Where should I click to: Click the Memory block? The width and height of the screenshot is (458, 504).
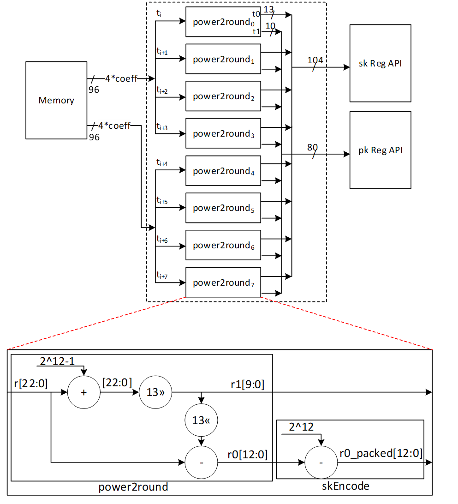click(56, 100)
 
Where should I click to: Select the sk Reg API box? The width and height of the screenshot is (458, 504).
click(380, 63)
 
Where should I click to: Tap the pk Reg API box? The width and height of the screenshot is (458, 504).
click(380, 150)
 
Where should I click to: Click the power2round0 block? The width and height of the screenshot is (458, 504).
click(223, 22)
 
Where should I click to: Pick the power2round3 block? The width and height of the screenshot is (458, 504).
click(223, 133)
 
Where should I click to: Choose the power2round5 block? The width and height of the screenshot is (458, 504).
click(223, 208)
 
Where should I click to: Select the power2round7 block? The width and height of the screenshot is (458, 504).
click(223, 282)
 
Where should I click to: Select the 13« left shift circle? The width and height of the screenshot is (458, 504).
click(201, 420)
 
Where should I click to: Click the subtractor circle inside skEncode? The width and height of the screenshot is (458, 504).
click(321, 462)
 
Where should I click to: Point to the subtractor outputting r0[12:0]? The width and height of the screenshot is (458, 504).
click(201, 462)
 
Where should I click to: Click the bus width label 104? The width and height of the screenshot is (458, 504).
click(315, 60)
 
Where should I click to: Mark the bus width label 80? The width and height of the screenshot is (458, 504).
click(312, 148)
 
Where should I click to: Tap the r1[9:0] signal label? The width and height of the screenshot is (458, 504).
click(248, 384)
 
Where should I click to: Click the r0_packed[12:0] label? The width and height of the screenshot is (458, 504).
click(381, 453)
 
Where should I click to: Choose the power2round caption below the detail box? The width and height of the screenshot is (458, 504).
click(133, 487)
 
